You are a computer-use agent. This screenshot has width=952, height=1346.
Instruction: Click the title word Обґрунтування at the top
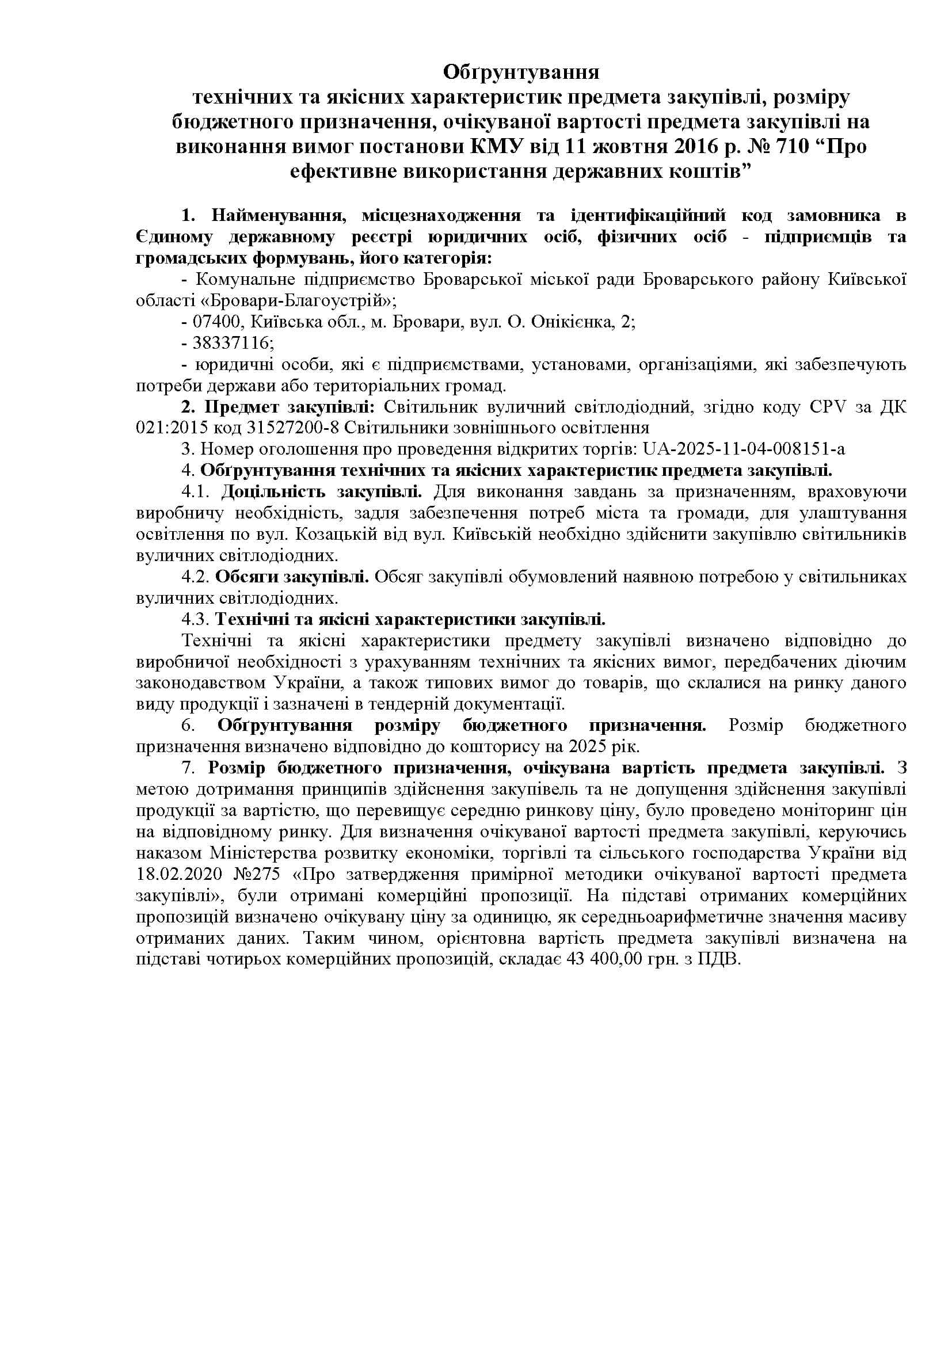(x=520, y=72)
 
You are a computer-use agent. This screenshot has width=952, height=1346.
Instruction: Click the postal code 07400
(x=214, y=322)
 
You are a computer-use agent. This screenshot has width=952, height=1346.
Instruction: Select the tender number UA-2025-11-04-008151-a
(x=744, y=449)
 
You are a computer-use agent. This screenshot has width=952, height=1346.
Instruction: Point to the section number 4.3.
(x=195, y=620)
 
